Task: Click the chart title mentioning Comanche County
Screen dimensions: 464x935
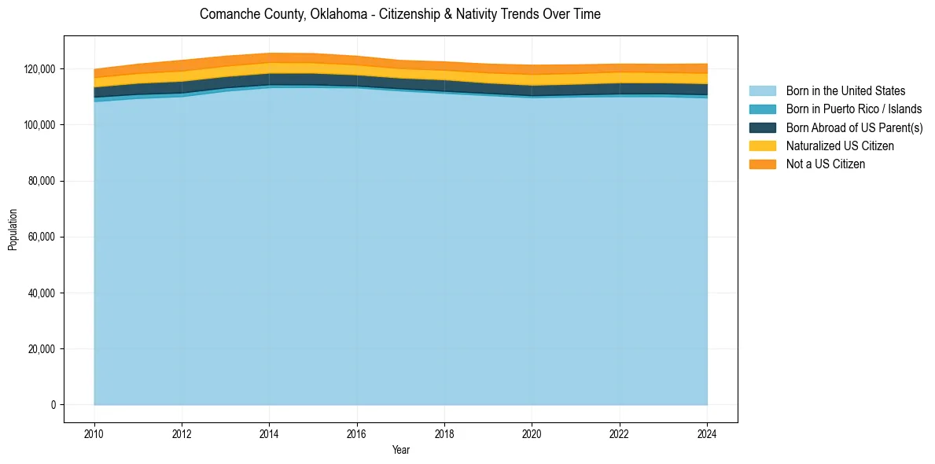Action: pyautogui.click(x=399, y=14)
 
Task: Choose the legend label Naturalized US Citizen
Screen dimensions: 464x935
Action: pyautogui.click(x=840, y=146)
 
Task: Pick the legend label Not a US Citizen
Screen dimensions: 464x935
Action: pyautogui.click(x=826, y=164)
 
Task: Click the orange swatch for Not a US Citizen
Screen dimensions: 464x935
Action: pyautogui.click(x=762, y=164)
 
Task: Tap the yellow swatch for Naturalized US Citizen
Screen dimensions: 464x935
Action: pyautogui.click(x=762, y=146)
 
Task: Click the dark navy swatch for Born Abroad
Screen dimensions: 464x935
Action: pyautogui.click(x=762, y=127)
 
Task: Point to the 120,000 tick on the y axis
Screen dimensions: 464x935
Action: pyautogui.click(x=39, y=69)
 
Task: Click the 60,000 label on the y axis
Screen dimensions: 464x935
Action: pyautogui.click(x=41, y=238)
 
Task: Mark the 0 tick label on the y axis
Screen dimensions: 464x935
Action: pyautogui.click(x=53, y=405)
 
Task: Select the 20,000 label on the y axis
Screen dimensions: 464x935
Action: pyautogui.click(x=41, y=349)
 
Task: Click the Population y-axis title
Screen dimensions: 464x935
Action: pyautogui.click(x=13, y=230)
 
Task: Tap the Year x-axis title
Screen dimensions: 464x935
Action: pyautogui.click(x=400, y=451)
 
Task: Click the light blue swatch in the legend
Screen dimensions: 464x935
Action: pyautogui.click(x=762, y=91)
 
